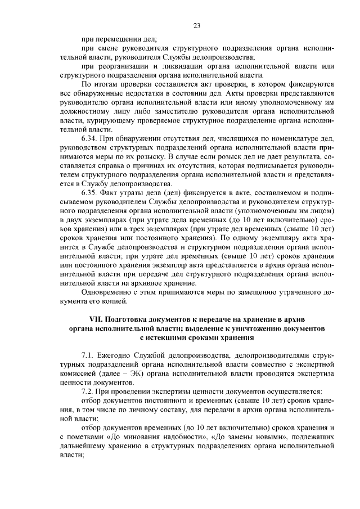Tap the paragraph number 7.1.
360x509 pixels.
(88, 356)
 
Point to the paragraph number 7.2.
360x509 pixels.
(88, 391)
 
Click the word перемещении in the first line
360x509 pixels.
(124, 39)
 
